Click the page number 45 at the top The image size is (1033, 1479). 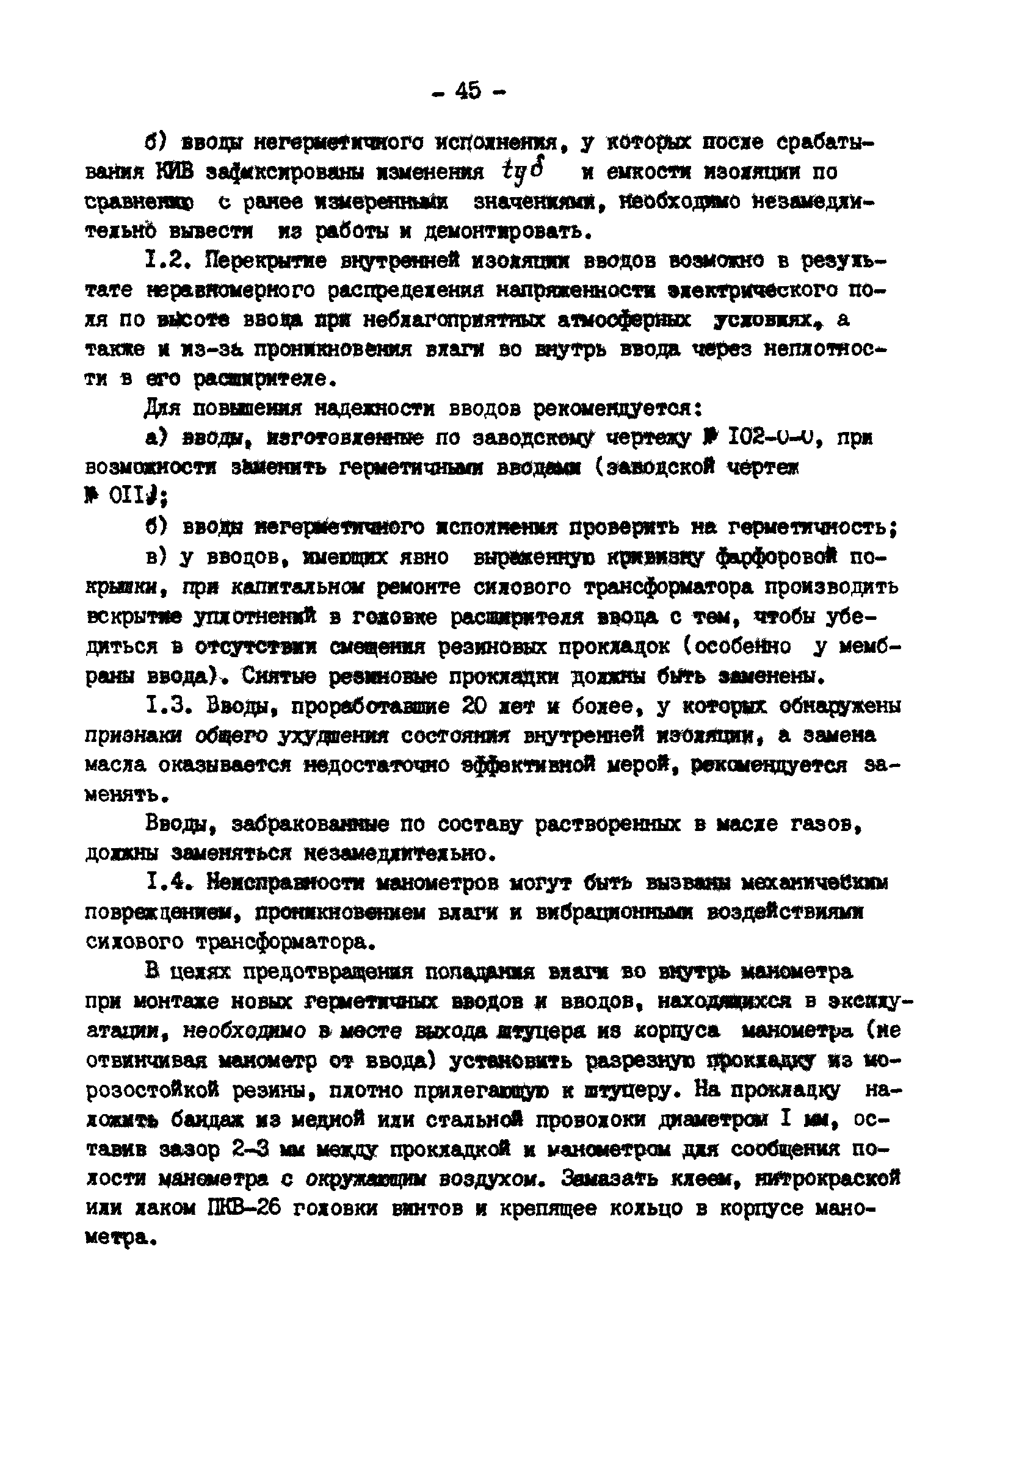468,91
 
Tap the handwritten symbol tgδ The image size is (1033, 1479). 523,170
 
